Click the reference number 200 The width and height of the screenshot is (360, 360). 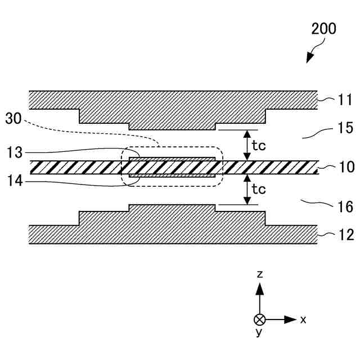tap(323, 28)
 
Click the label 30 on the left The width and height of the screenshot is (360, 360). tap(15, 119)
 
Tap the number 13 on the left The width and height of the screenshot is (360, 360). tap(15, 152)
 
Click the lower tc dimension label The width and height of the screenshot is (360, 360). tap(259, 189)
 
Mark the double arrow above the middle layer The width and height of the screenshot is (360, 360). tap(246, 145)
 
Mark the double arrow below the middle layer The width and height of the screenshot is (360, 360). tap(246, 190)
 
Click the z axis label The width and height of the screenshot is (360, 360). tap(259, 274)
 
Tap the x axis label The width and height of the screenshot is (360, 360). tap(303, 319)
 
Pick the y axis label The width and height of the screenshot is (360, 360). tap(259, 333)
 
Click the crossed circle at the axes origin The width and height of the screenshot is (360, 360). tap(259, 319)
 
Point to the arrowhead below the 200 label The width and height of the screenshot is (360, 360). tap(309, 58)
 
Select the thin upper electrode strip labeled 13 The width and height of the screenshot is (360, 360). tap(172, 159)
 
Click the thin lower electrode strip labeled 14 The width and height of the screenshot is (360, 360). tap(172, 176)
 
